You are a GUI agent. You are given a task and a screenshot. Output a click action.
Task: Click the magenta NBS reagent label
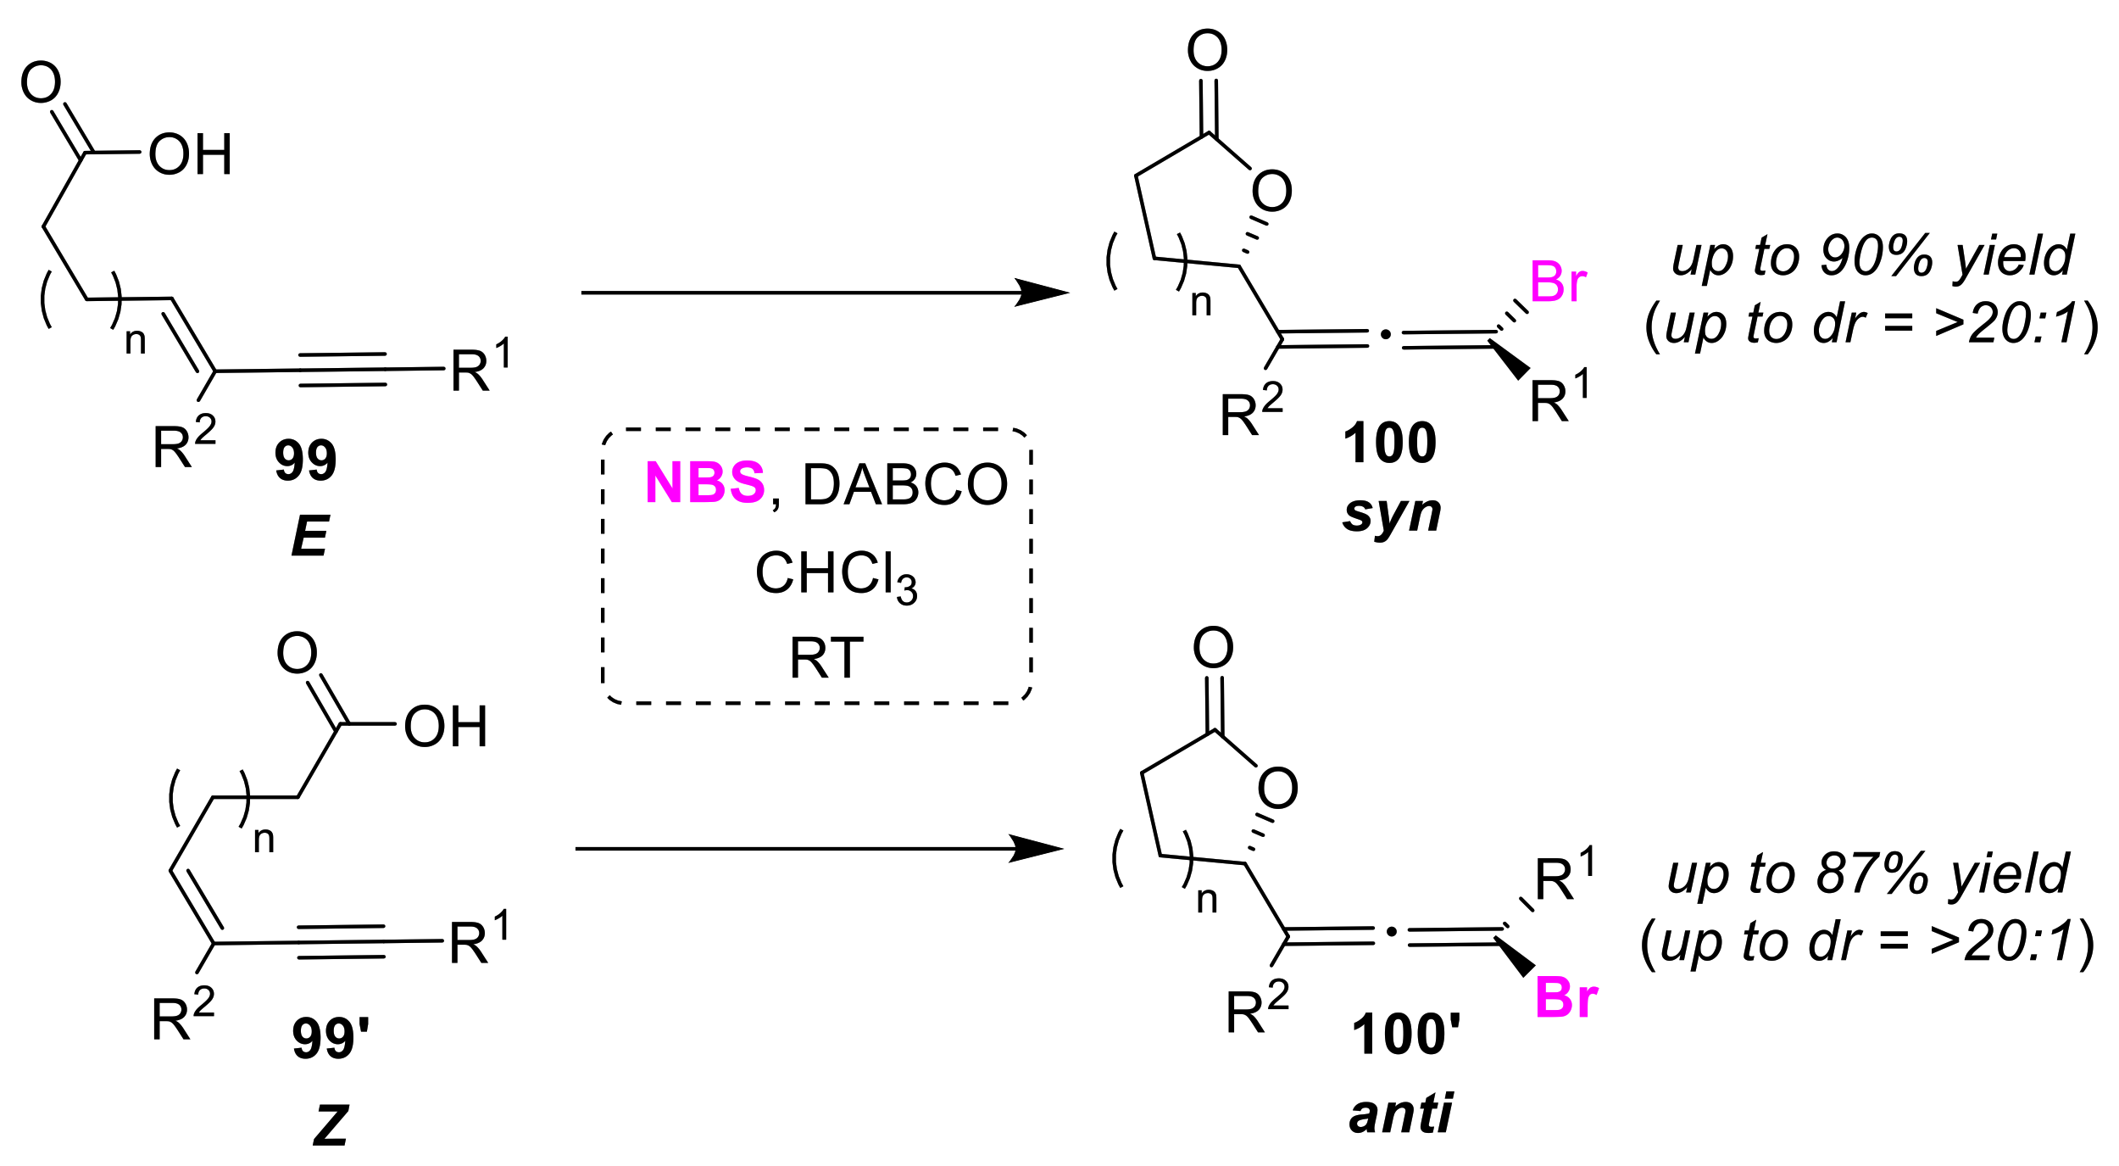[704, 483]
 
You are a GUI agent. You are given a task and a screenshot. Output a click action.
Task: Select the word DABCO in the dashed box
[904, 485]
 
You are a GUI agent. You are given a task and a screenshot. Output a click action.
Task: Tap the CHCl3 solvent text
[835, 574]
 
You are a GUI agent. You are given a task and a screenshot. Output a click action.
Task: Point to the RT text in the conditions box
[826, 659]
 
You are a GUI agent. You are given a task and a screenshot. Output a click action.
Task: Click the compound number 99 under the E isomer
[305, 460]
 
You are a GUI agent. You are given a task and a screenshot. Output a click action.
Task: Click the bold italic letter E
[309, 536]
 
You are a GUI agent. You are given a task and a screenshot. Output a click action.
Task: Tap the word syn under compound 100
[1392, 514]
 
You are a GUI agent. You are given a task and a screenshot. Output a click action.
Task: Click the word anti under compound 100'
[1400, 1113]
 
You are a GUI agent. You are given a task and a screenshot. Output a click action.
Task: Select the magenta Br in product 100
[1558, 282]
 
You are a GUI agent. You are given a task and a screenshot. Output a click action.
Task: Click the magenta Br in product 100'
[1566, 998]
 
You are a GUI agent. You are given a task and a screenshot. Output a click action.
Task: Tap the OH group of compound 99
[190, 154]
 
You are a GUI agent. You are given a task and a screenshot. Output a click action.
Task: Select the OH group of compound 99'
[445, 727]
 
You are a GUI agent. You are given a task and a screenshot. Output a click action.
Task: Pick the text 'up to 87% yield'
[1867, 874]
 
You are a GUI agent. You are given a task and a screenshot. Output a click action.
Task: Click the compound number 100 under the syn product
[1389, 443]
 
